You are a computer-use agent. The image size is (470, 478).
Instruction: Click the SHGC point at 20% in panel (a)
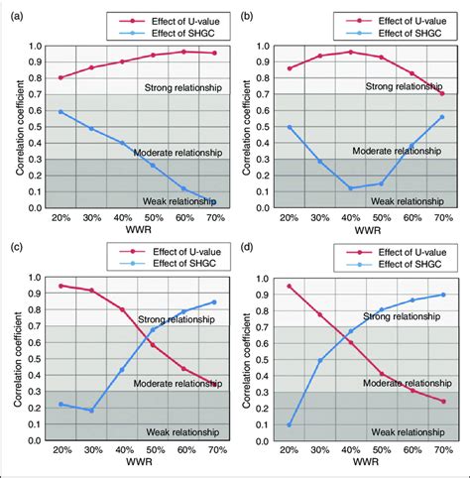(60, 111)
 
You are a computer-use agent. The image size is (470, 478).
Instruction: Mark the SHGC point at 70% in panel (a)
(213, 200)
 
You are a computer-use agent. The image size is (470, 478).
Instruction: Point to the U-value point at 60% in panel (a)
(182, 52)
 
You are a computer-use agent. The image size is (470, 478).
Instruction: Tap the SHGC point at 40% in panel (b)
(350, 187)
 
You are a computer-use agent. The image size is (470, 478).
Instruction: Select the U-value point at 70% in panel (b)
(441, 93)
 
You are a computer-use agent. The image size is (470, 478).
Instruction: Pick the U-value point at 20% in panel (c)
(60, 286)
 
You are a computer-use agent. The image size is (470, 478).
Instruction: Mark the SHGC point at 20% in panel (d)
(289, 424)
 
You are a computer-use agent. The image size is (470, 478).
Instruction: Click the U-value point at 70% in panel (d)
(441, 401)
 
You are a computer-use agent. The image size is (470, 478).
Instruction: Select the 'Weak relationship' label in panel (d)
(406, 432)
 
